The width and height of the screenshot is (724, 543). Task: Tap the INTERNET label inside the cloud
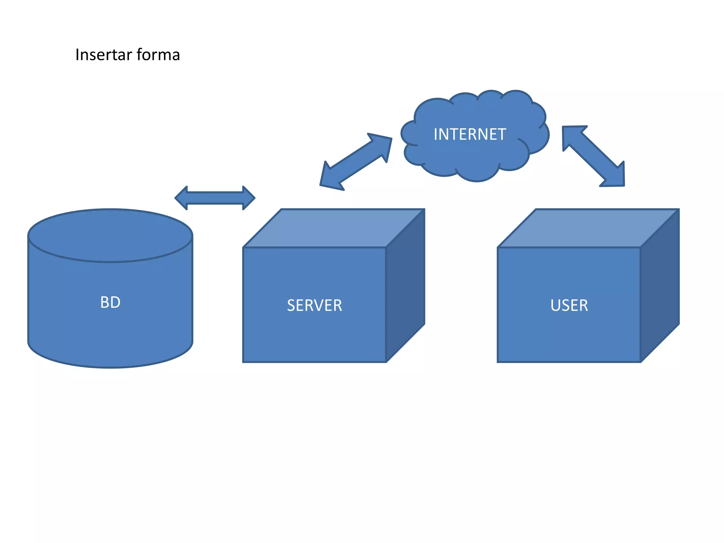click(x=469, y=135)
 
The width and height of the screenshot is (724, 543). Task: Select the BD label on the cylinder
click(x=110, y=303)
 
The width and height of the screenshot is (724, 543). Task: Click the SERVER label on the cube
click(x=314, y=305)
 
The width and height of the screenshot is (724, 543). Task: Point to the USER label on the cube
click(x=569, y=305)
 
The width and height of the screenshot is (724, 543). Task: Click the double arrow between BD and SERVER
click(x=215, y=198)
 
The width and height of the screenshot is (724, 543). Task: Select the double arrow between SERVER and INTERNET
click(x=356, y=162)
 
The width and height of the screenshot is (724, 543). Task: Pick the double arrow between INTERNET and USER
click(x=594, y=156)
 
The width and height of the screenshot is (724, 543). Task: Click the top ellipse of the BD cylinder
click(x=110, y=235)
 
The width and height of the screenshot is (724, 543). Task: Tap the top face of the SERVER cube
click(x=334, y=228)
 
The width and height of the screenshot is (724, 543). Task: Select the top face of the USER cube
click(x=588, y=228)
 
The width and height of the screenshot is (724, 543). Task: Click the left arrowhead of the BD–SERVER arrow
click(x=182, y=198)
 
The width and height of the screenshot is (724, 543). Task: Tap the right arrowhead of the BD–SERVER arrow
click(x=248, y=198)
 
